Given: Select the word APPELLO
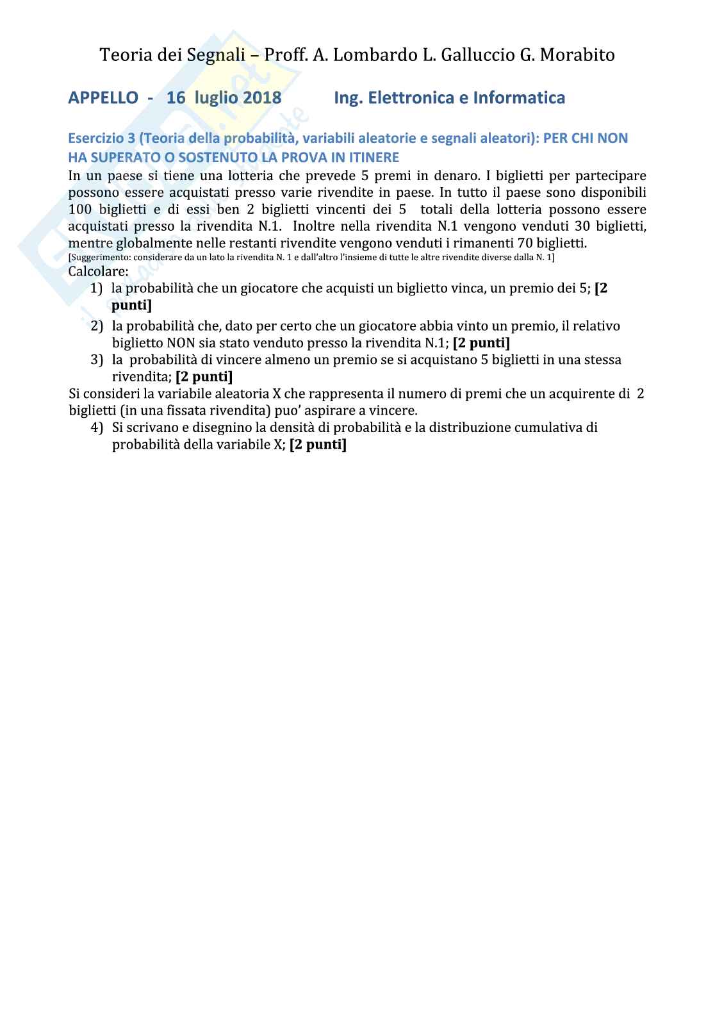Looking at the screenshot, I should point(103,97).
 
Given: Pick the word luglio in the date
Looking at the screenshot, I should point(214,97).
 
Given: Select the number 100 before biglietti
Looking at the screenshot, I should point(79,210).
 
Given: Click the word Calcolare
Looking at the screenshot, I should point(98,271).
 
